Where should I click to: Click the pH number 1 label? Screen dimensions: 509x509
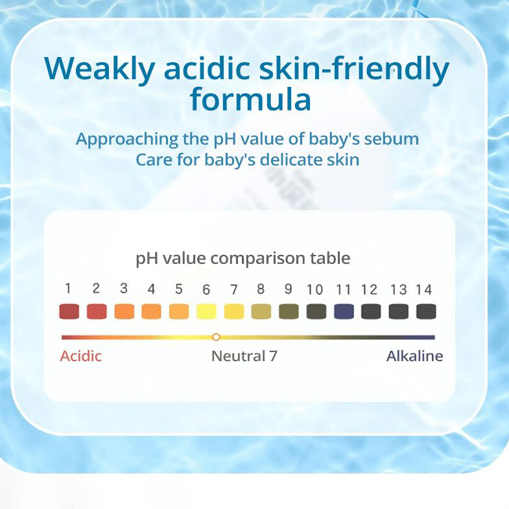(68, 289)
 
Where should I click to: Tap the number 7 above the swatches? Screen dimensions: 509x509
(234, 289)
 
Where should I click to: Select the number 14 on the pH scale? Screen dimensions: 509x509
(424, 289)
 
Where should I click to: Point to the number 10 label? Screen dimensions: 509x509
(314, 289)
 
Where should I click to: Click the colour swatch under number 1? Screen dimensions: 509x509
(69, 311)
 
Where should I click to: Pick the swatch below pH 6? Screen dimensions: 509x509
(206, 311)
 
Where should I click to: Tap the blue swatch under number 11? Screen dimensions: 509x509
(344, 311)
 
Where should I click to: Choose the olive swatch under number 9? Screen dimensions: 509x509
(289, 311)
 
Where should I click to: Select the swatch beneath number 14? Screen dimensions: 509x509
(426, 311)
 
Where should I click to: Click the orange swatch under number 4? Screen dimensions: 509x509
(151, 311)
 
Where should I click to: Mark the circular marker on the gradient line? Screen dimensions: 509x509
(216, 337)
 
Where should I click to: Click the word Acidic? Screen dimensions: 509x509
(81, 356)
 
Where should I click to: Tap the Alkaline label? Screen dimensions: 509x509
(414, 356)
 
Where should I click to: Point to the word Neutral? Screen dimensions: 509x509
(238, 356)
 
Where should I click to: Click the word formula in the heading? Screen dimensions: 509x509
(250, 99)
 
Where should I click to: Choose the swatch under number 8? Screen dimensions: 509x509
(261, 311)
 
